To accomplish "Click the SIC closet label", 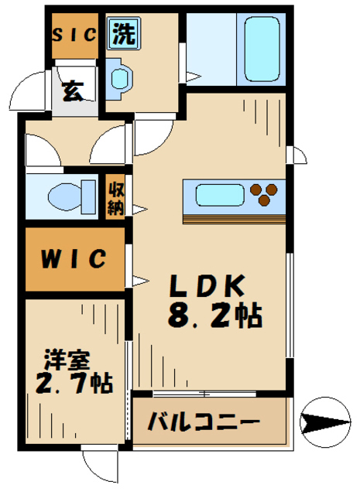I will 74,34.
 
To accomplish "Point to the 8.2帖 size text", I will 213,316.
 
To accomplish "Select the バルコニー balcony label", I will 203,423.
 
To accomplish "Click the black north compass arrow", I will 321,424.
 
